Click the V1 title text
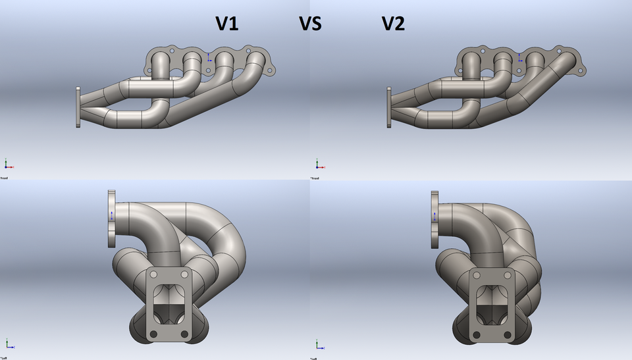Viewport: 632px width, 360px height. coord(227,24)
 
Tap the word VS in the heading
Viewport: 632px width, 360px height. coord(310,24)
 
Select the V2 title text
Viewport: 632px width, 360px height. coord(393,24)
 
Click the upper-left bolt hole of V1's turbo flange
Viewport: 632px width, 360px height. coord(153,274)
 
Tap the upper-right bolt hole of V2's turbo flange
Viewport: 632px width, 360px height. coord(512,274)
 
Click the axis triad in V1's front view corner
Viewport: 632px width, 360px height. coord(7,164)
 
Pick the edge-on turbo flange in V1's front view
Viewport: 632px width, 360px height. coord(78,107)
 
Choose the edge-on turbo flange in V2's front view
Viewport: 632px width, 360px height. coord(388,107)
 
